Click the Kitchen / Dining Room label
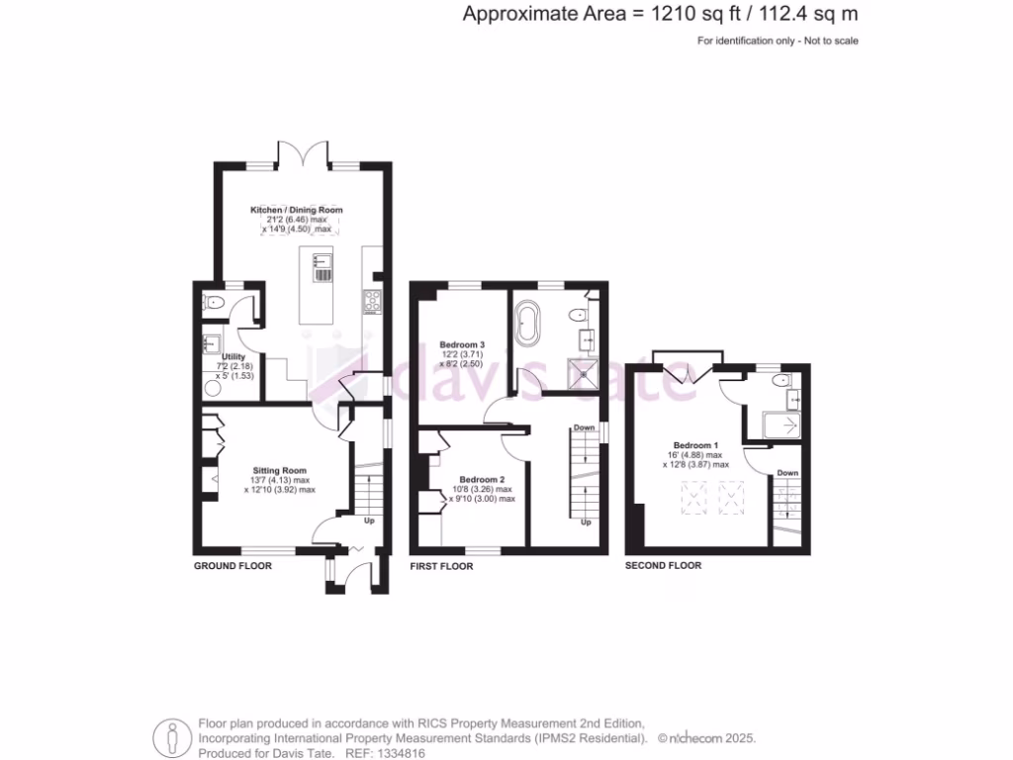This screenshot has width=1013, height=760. coord(296,210)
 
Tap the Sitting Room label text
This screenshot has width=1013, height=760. coord(280,471)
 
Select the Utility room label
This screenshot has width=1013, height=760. coord(233,356)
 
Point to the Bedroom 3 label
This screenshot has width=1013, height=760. coord(462,344)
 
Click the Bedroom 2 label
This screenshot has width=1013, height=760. coord(482,479)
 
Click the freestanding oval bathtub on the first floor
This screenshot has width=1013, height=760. coord(526,326)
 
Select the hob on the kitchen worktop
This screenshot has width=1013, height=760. coord(374,301)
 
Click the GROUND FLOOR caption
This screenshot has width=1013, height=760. coord(231,567)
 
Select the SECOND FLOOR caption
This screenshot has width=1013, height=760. coord(663,566)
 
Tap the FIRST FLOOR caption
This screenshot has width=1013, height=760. coord(441,567)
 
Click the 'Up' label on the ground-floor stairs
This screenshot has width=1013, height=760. coord(370,520)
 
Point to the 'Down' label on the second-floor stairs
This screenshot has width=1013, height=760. coord(786,473)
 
